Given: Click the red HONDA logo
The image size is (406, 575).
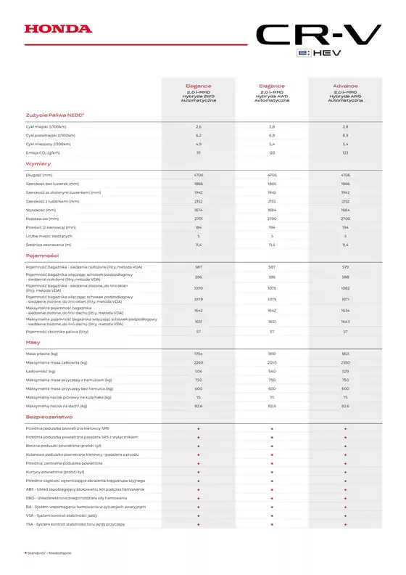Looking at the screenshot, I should point(59,29).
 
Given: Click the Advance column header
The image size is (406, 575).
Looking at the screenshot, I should point(345,85).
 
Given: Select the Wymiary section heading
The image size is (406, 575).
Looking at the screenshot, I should point(38,164).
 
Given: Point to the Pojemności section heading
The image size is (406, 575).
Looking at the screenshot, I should point(42,256).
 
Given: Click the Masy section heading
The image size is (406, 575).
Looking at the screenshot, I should point(33,341).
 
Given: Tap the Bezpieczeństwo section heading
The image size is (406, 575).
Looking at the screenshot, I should point(49,417).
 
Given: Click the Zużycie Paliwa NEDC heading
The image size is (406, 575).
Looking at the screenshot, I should point(56,114).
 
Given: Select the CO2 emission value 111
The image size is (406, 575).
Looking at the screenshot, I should point(198,153).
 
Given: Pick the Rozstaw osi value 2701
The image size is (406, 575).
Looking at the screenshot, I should point(198,219).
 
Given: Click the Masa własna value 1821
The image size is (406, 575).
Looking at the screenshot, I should point(345,354).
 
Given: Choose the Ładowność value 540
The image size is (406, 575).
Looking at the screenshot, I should point(272,371).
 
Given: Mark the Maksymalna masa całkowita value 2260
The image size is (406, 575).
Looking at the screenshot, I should point(198,362).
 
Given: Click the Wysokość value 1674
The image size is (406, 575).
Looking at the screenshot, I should point(198,210).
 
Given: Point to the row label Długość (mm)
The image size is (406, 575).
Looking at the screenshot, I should point(39,175).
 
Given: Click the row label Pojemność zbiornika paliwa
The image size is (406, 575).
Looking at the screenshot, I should point(57,331).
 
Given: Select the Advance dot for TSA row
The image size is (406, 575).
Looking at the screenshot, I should point(345,524).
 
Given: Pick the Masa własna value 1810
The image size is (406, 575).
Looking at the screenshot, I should point(272,354).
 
